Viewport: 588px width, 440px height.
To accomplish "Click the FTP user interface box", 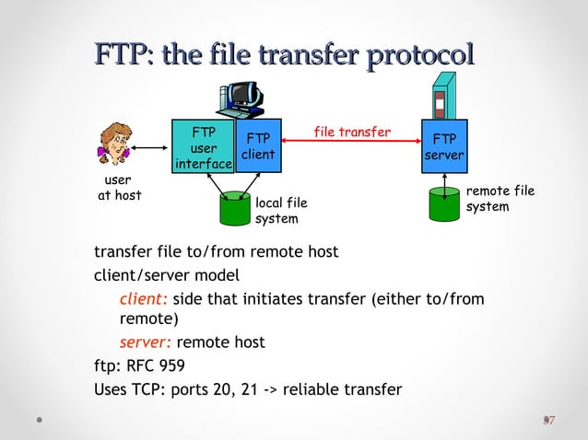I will [x=204, y=146].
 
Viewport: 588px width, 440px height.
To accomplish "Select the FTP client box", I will [x=258, y=146].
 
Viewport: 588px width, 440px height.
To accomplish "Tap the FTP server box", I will [x=444, y=146].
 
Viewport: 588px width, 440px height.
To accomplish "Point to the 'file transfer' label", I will [x=352, y=132].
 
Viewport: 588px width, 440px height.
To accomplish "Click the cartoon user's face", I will [x=116, y=142].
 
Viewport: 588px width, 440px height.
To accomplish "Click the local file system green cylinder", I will [x=235, y=209].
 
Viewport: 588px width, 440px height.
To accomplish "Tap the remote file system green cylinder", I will [x=445, y=204].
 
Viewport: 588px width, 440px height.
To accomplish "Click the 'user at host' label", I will [x=119, y=188].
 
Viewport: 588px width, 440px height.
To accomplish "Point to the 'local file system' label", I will [x=280, y=210].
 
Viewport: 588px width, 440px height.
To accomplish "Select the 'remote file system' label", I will [x=500, y=199].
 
